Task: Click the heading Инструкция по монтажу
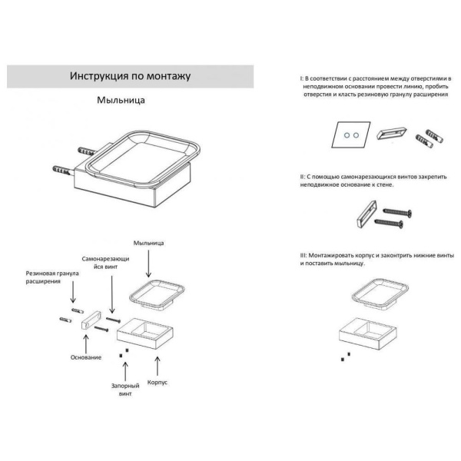pos(130,76)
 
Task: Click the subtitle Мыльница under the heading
pos(121,100)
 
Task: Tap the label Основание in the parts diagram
pos(86,357)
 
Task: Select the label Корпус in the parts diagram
pos(158,383)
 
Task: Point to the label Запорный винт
pos(125,390)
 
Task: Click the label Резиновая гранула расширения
pos(52,277)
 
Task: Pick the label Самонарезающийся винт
pos(105,263)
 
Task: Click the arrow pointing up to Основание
pos(86,344)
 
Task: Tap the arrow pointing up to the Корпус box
pos(158,366)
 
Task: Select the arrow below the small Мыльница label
pos(148,264)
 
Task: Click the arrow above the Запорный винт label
pos(125,371)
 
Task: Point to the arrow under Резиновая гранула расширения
pos(73,292)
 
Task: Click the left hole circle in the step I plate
pos(347,135)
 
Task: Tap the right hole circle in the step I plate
pos(357,135)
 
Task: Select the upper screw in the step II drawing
pos(397,212)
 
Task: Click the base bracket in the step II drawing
pos(366,214)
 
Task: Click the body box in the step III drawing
pos(368,333)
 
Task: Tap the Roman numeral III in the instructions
pos(303,256)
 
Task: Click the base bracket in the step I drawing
pos(392,133)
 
